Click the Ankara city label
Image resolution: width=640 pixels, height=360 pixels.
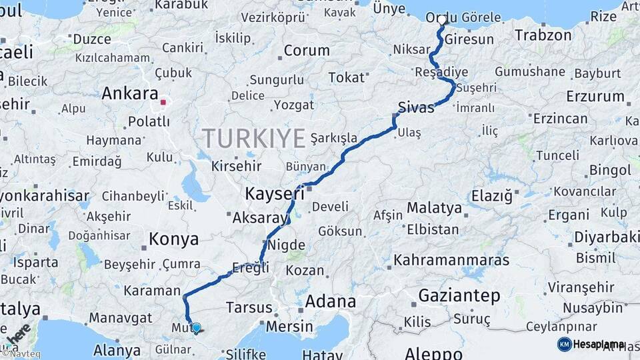130,94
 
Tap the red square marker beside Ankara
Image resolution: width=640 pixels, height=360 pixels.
163,103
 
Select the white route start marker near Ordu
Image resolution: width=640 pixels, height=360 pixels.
441,20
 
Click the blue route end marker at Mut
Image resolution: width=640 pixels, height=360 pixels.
196,327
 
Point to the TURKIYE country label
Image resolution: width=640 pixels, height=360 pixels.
254,138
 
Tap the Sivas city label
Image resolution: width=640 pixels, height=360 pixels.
415,107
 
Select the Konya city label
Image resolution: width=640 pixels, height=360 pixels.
174,239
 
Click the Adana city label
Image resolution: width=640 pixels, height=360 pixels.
331,301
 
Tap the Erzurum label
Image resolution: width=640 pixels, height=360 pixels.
595,97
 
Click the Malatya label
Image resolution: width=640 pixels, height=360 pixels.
434,208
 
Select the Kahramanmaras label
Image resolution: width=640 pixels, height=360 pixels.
451,260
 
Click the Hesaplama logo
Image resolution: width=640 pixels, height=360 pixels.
591,344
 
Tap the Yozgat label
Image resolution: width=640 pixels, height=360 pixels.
293,105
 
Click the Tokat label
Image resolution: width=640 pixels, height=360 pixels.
347,78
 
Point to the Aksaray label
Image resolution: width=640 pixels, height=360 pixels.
259,217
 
